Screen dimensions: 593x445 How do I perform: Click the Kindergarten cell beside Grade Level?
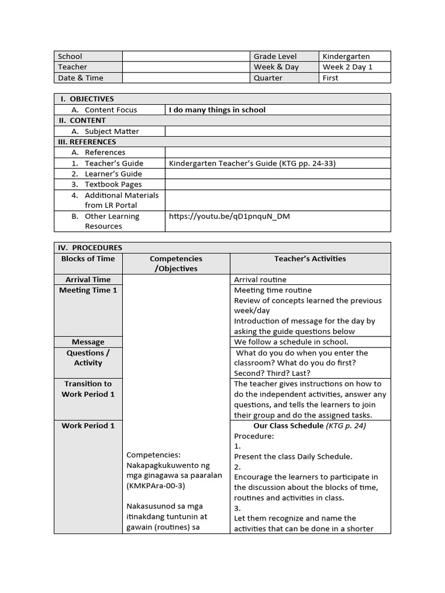click(346, 56)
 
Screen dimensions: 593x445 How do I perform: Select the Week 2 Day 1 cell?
click(348, 67)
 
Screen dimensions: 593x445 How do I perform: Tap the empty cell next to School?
click(185, 56)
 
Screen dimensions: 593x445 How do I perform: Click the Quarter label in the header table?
click(268, 78)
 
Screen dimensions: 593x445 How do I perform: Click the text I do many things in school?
click(217, 109)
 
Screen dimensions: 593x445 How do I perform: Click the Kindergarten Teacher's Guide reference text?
click(252, 163)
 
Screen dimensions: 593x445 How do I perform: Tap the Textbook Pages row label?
click(113, 184)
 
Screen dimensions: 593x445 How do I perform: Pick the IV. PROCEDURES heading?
click(90, 248)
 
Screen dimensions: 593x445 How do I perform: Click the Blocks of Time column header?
click(88, 259)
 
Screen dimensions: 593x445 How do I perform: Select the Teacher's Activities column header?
click(310, 259)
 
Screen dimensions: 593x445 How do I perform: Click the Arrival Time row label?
click(88, 280)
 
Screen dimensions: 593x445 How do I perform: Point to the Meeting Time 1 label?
click(88, 290)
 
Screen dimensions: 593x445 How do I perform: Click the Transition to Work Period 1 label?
click(88, 389)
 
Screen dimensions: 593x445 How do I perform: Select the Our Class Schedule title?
click(289, 426)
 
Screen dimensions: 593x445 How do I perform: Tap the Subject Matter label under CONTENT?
click(112, 131)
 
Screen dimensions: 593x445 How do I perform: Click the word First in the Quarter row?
click(330, 78)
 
